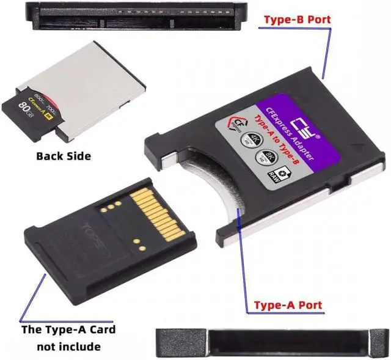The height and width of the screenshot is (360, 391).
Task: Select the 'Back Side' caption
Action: coord(64,156)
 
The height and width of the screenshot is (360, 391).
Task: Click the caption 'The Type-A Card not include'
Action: coord(68,338)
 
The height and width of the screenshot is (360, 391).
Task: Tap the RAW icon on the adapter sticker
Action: coord(273,175)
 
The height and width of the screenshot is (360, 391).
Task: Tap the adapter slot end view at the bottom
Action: coord(272,340)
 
